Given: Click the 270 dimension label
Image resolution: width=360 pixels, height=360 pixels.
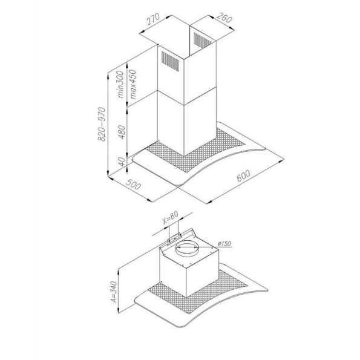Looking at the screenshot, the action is pos(153,19).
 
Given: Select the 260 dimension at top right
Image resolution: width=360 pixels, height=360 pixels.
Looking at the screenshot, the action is pos(224,18).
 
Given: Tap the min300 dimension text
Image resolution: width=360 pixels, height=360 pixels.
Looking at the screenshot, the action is pos(120,84).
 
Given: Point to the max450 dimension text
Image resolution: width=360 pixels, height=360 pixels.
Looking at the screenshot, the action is pos(133,84).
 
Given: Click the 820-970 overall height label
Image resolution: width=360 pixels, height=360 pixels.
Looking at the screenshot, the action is pos(102,124).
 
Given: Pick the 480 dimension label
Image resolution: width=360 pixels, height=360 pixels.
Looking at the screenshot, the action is pos(122,132).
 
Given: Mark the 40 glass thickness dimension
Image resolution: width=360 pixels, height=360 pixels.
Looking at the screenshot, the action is pos(122,162).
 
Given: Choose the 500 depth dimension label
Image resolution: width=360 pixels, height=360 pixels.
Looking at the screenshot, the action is pos(133,184).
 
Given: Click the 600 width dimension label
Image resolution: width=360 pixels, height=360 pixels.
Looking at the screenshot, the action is pos(243,175).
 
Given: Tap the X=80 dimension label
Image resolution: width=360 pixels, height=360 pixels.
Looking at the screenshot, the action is pos(171,217).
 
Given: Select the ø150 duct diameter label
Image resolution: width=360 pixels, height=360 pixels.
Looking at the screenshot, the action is pos(224,243).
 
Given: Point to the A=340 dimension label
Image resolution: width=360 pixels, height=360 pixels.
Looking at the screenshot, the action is pos(114,292).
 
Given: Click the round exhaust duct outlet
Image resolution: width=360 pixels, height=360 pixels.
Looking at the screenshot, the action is pos(187,249).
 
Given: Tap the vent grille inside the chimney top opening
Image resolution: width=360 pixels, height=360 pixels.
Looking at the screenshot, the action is pos(202,39).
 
